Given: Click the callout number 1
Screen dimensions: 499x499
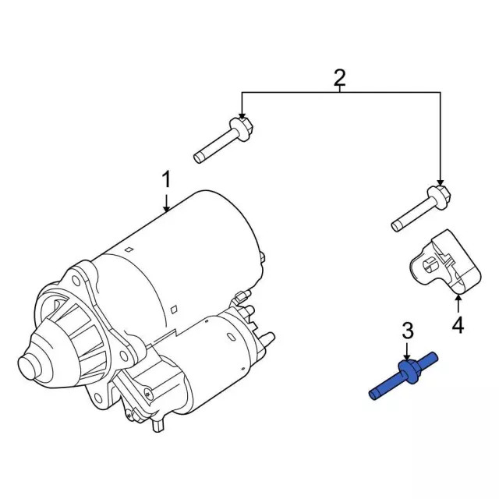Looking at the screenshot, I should pos(165,181).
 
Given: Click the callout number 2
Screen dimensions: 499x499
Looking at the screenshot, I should pos(340,77).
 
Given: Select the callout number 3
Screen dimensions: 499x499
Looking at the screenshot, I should pos(407,331).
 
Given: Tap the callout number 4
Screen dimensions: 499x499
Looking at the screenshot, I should pos(458,325).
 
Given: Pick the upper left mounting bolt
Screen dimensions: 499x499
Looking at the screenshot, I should pos(221,140).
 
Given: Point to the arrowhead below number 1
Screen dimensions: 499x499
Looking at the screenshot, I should pos(166,208).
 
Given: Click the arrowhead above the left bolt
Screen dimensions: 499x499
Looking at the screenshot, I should pos(242,115).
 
